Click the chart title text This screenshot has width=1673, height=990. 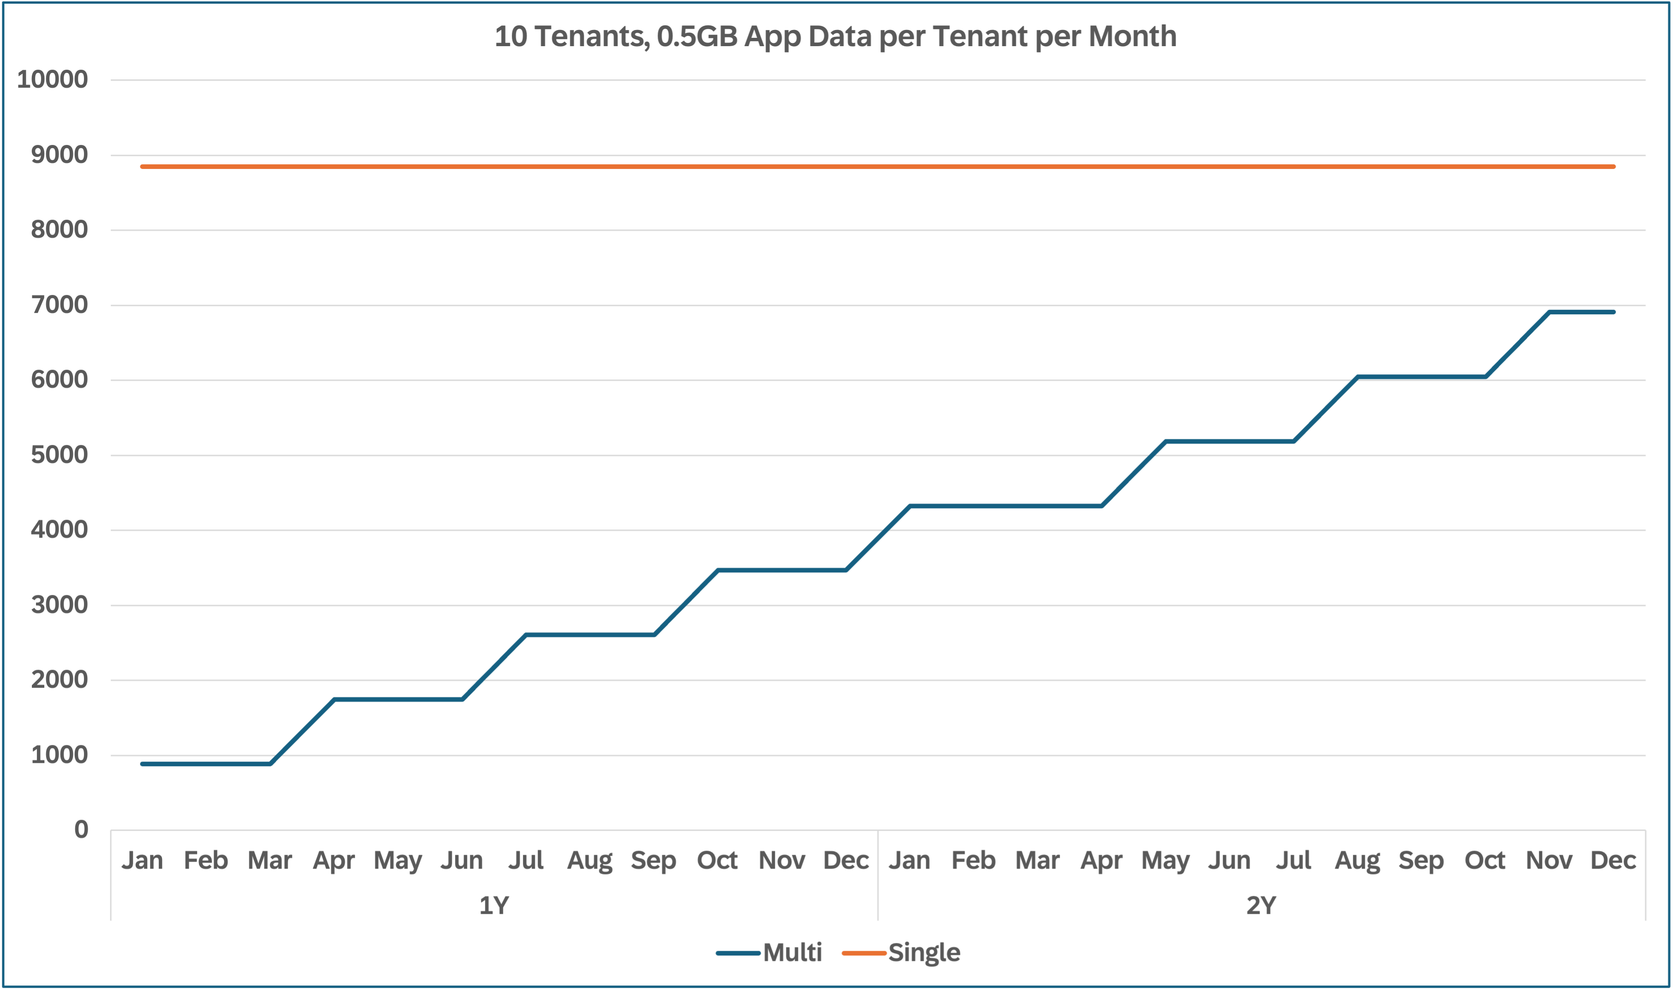coord(835,36)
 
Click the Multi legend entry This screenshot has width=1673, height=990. coord(792,953)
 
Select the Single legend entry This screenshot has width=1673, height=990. coord(924,953)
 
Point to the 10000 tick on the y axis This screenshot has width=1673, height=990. coord(52,79)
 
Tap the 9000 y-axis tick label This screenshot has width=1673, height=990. coord(60,155)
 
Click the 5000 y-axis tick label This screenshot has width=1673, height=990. coord(60,455)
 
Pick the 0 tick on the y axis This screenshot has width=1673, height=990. coord(81,830)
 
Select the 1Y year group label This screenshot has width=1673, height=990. coord(494,905)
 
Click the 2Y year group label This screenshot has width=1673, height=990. coord(1261,905)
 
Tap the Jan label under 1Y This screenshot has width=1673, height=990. coord(142,861)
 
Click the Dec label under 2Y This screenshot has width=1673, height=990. coord(1613,861)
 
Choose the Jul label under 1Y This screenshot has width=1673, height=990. coord(526,861)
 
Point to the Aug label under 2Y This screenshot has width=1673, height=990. coord(1357,861)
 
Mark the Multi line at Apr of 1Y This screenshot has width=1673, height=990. coord(334,699)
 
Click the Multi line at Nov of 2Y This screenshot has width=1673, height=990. coord(1549,312)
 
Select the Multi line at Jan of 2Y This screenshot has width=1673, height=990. coord(910,506)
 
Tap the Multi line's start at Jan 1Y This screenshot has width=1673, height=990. coord(143,764)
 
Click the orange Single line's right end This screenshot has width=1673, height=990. coord(1613,167)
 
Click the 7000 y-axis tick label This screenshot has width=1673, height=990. coord(60,305)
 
